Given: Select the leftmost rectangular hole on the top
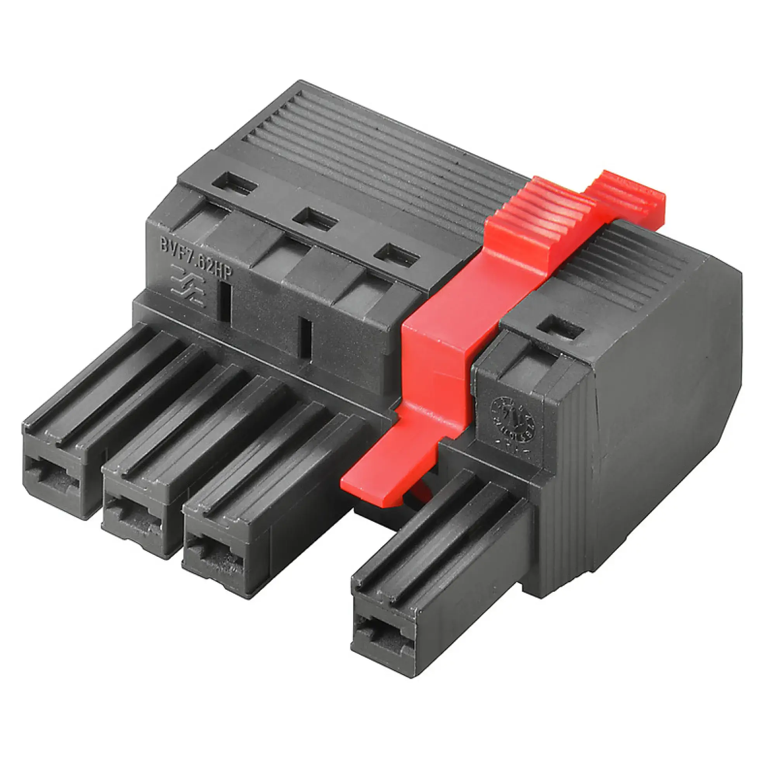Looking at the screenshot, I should [x=234, y=184].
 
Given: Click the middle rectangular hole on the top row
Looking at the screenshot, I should [x=315, y=219].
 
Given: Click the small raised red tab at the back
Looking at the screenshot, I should [x=627, y=193].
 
